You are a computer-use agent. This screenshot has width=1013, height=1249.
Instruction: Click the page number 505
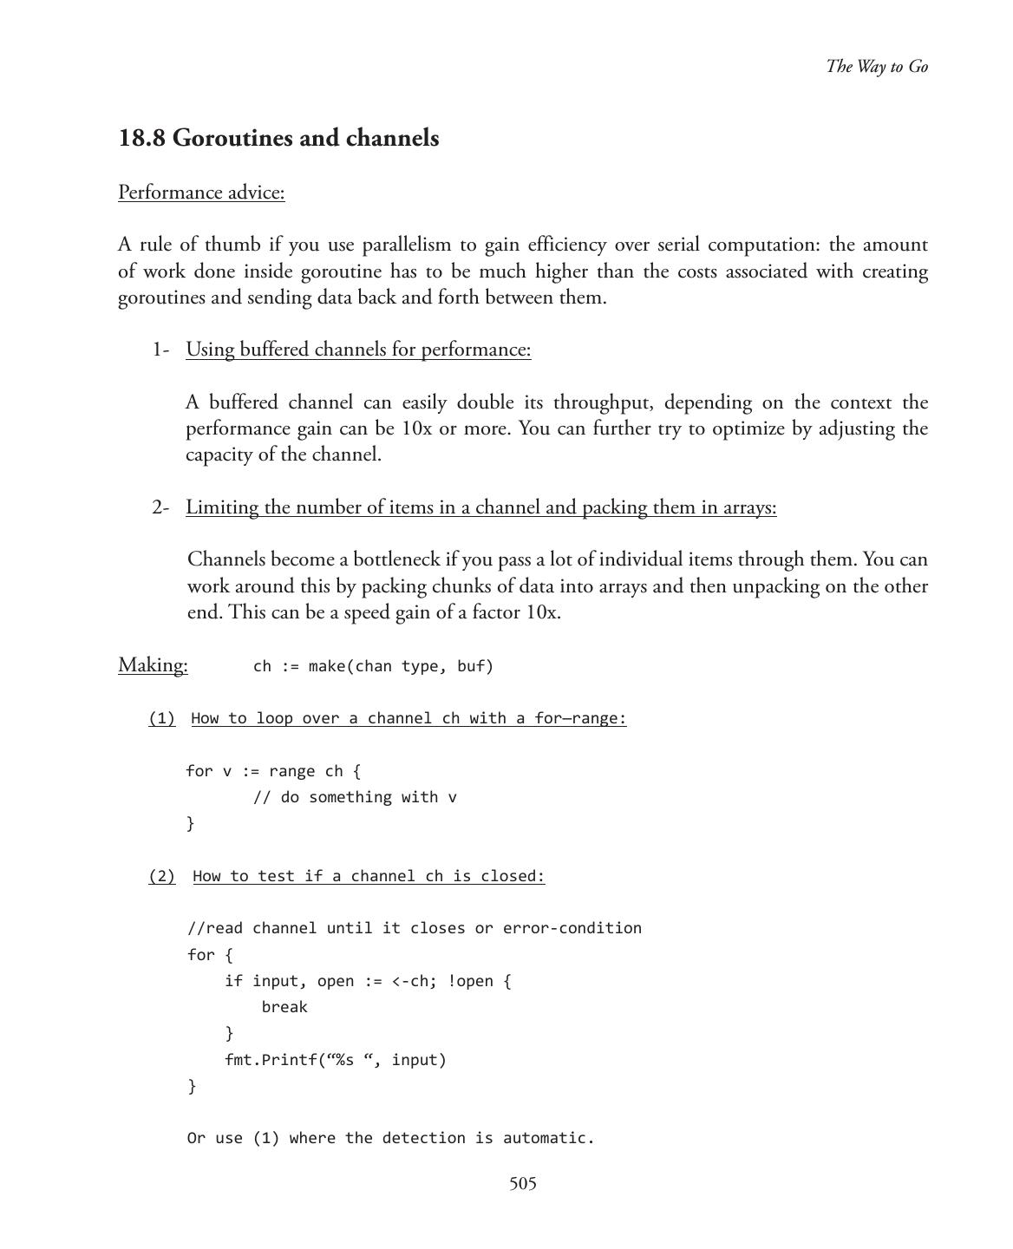pos(522,1184)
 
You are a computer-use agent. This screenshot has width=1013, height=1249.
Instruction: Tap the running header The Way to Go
pos(877,67)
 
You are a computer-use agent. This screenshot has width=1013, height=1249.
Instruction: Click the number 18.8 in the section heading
pos(141,139)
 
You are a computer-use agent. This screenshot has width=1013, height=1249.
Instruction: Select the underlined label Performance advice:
pos(201,193)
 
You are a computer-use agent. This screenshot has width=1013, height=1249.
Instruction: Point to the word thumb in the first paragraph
pos(233,245)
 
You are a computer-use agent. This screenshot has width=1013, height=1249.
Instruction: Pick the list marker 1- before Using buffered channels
pos(160,350)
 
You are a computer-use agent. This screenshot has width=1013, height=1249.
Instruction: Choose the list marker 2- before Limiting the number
pos(160,507)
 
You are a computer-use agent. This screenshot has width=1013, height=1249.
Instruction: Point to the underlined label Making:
pos(153,665)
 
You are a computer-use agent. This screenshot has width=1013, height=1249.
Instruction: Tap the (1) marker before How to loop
pos(161,719)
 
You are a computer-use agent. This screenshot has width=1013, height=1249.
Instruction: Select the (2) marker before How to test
pos(161,877)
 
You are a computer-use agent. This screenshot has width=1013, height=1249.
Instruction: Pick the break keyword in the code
pos(284,1008)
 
